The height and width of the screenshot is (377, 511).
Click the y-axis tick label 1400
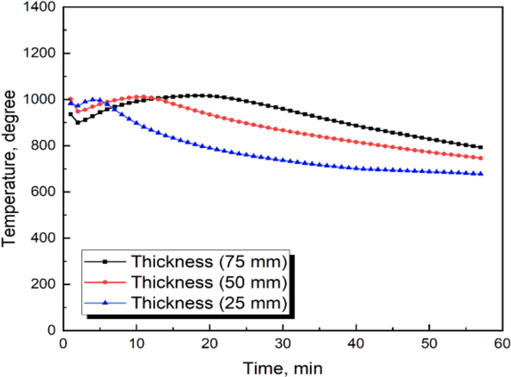(x=40, y=8)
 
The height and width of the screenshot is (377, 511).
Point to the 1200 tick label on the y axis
(x=40, y=54)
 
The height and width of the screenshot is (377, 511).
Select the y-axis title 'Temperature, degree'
(x=10, y=169)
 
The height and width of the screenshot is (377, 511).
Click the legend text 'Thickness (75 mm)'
(x=209, y=262)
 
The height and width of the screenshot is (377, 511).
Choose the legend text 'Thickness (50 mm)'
(x=209, y=281)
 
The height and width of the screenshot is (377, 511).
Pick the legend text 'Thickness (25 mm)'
(x=209, y=301)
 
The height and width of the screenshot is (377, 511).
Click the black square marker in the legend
(x=105, y=262)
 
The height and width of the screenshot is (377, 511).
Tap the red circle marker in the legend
(x=105, y=282)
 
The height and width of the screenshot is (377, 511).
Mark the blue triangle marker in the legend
(x=105, y=301)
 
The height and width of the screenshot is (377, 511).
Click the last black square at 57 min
(x=481, y=147)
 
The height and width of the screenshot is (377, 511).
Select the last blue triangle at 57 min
(x=481, y=174)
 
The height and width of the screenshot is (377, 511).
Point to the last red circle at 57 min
(x=481, y=158)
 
